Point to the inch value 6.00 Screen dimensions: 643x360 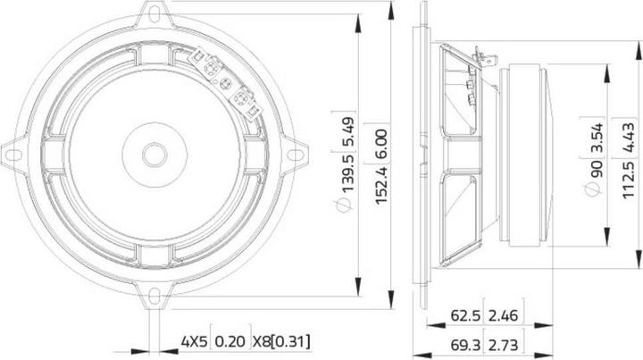click(381, 142)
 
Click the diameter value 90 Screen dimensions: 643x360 click(597, 169)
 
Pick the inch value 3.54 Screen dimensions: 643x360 click(597, 138)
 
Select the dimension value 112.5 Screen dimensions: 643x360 click(629, 180)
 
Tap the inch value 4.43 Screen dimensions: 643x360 click(629, 138)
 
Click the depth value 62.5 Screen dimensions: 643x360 click(465, 315)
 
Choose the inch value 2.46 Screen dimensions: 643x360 click(503, 315)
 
